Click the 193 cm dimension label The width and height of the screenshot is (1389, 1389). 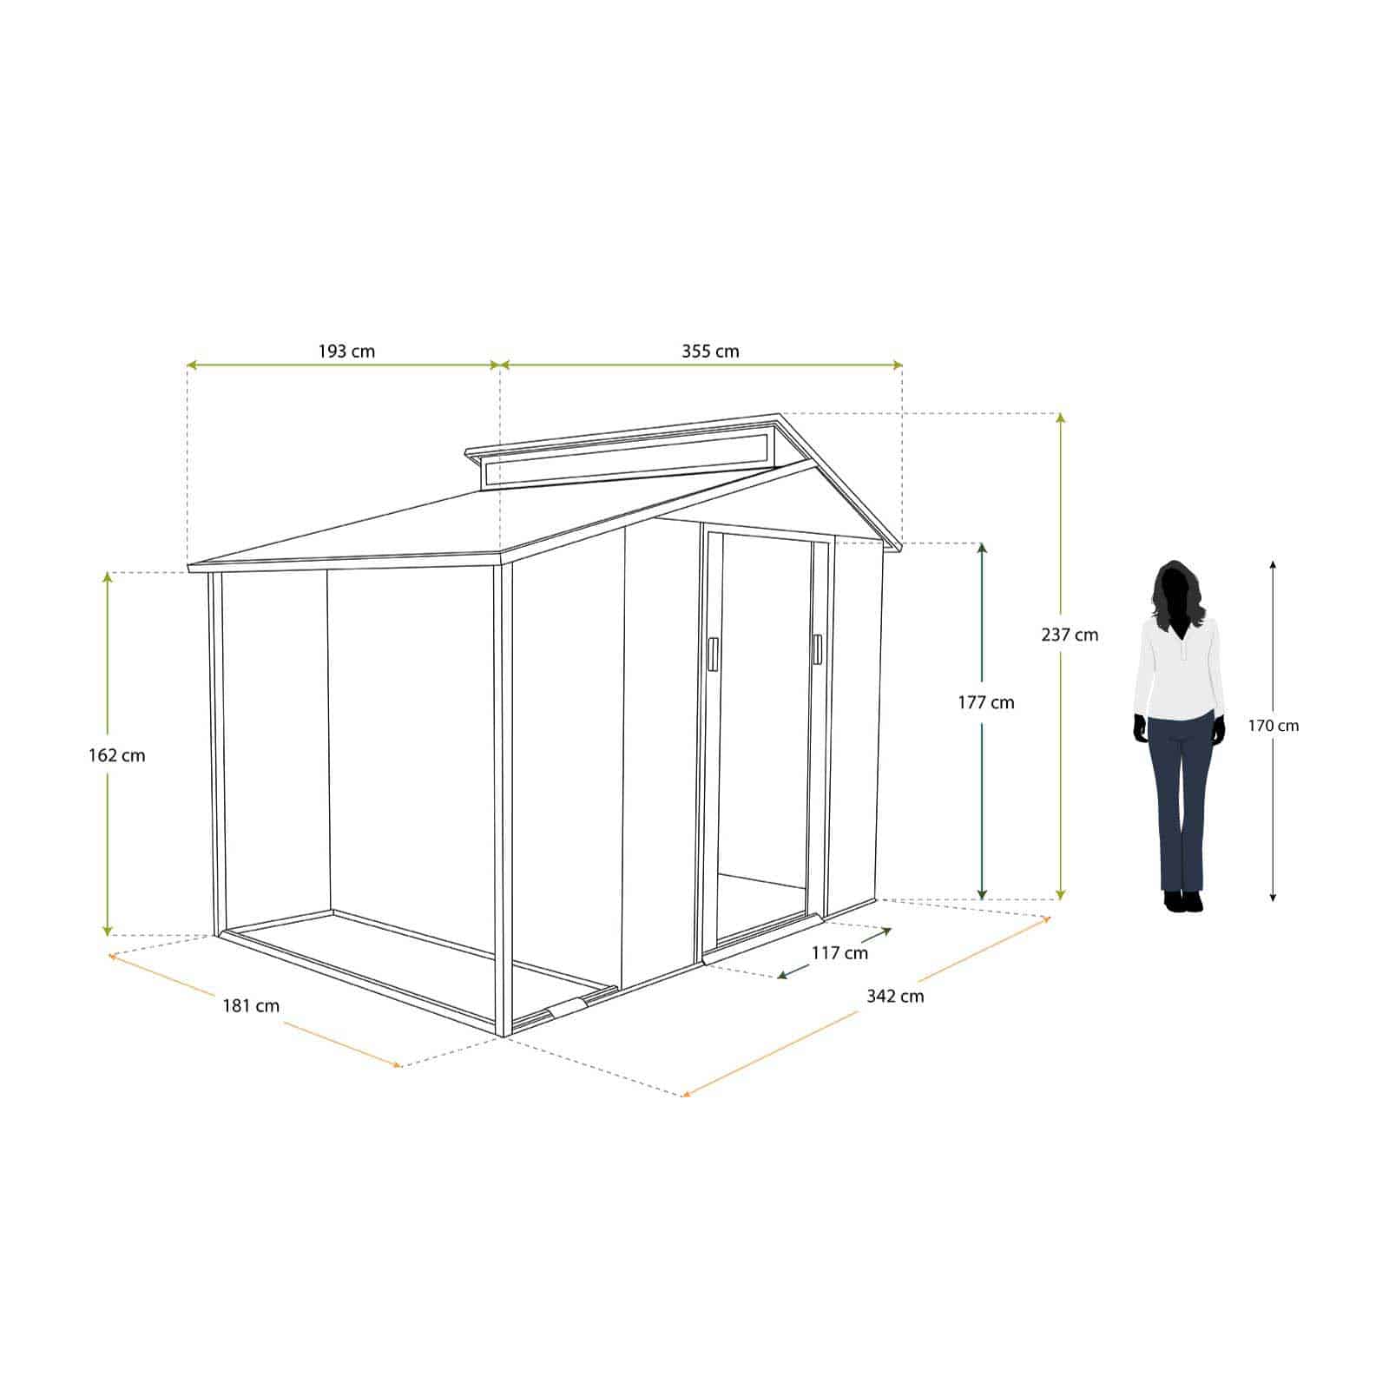tap(346, 352)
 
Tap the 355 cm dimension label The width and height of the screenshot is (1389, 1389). tap(709, 352)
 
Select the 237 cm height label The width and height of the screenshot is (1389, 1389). tap(1070, 635)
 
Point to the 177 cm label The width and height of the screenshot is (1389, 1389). tap(985, 702)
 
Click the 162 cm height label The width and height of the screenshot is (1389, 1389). tap(116, 755)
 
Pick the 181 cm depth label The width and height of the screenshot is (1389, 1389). tap(251, 1006)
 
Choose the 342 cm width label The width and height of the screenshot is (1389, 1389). tap(895, 996)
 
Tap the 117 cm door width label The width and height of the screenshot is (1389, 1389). tap(839, 953)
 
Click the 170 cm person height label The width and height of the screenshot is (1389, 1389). tap(1274, 726)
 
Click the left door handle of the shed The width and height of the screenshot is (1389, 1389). tap(713, 654)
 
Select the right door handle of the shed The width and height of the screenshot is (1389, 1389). tap(817, 650)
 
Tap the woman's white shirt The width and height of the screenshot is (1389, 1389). tap(1179, 668)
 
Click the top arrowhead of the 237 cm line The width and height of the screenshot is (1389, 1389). tap(1060, 418)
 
